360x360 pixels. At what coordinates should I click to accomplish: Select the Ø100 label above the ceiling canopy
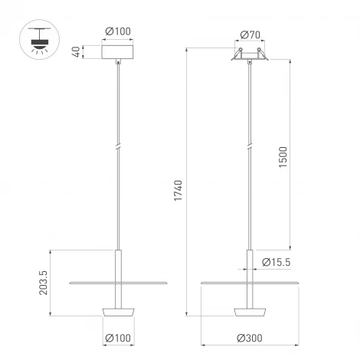click(x=117, y=31)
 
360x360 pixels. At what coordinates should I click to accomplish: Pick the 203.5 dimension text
click(x=43, y=281)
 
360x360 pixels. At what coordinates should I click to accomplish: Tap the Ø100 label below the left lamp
click(x=117, y=337)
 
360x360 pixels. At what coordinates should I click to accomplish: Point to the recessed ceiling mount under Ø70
click(x=250, y=54)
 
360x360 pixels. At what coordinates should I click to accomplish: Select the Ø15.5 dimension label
click(x=274, y=262)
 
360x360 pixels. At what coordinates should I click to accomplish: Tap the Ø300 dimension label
click(x=250, y=338)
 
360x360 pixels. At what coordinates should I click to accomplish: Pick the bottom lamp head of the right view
click(x=250, y=311)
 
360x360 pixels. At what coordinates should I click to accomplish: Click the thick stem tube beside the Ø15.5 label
click(x=250, y=264)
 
